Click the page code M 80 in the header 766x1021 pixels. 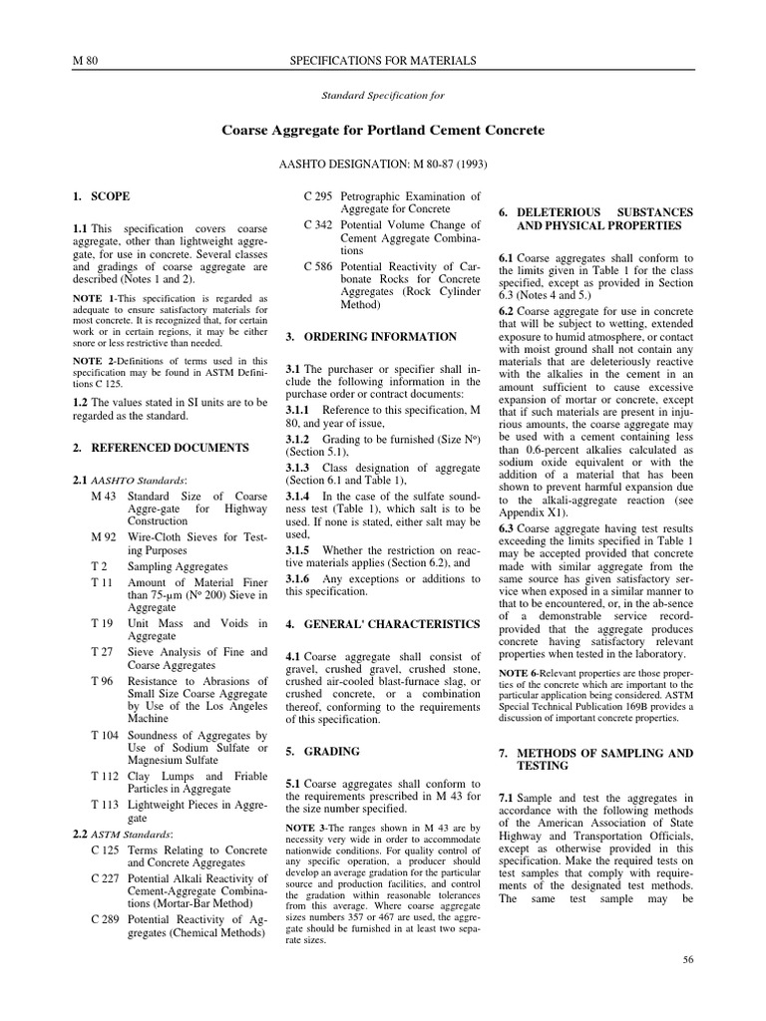85,62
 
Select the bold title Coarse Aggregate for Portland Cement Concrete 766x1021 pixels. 382,131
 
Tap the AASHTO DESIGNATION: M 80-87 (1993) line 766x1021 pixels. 383,163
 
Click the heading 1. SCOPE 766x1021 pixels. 102,196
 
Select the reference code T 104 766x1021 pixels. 105,736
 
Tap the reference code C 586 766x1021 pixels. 317,267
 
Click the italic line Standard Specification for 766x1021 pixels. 382,96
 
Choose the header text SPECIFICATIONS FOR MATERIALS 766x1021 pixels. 382,62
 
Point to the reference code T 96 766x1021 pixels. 102,681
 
